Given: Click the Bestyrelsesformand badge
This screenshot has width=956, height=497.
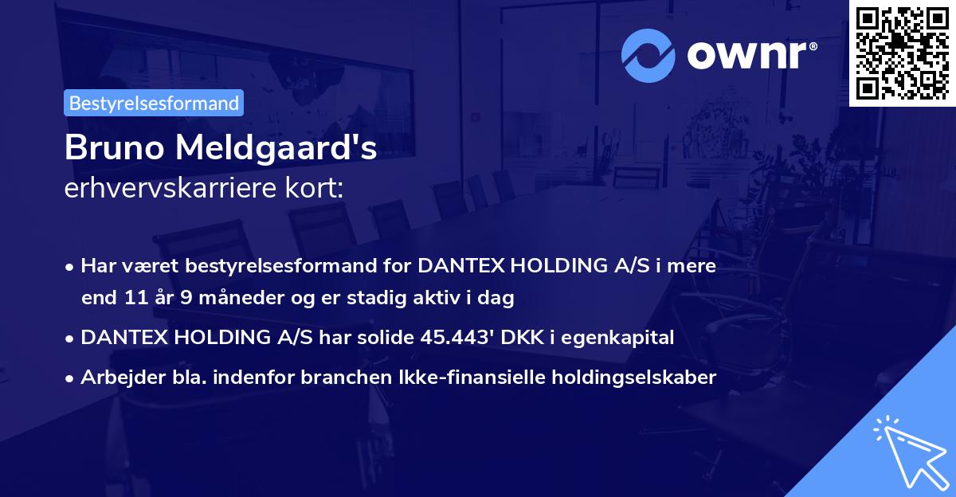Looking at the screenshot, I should click(x=154, y=103).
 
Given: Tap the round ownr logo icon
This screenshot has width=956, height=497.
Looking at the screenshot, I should click(x=648, y=55).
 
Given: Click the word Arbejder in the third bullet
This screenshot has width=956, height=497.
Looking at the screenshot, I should click(x=114, y=378).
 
